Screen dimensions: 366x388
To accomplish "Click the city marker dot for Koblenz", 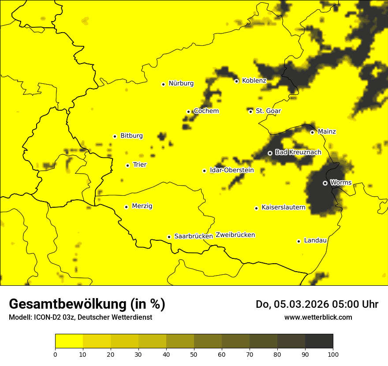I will (x=236, y=81).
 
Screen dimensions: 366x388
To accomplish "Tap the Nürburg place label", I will (x=181, y=83).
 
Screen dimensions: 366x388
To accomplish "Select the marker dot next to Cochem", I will (x=188, y=112).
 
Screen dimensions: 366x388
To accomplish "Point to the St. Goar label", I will (x=268, y=111).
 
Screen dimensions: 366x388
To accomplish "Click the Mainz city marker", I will (x=312, y=132).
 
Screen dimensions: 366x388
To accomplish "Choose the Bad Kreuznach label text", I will (x=298, y=153).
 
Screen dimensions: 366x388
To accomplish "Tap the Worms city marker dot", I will (x=325, y=183).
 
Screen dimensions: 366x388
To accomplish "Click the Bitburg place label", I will (x=131, y=136).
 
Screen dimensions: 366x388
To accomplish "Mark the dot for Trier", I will (x=127, y=165).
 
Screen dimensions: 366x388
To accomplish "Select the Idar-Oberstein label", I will (x=232, y=170).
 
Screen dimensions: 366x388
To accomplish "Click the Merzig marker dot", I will (x=126, y=207).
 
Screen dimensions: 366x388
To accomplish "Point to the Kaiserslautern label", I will (x=283, y=207).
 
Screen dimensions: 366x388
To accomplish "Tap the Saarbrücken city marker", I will (x=169, y=237).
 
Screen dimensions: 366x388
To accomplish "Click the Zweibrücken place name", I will (x=235, y=235).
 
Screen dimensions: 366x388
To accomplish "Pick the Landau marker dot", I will (x=298, y=241).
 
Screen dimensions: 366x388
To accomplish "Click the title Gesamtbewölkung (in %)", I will (x=87, y=304).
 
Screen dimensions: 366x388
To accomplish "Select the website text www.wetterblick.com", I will (x=318, y=317).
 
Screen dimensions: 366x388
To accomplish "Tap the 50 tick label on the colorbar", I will (x=194, y=354).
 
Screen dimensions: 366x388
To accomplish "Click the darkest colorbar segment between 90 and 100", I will (x=319, y=341).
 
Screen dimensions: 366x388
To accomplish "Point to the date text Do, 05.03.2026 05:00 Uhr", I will (x=317, y=304).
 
